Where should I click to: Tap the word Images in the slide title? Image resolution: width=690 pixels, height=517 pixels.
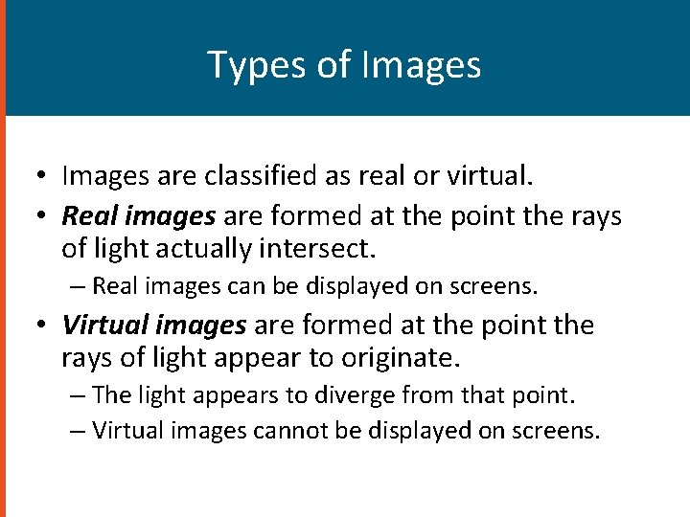click(x=422, y=65)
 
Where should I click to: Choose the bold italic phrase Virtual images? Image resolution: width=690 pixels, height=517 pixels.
click(x=153, y=326)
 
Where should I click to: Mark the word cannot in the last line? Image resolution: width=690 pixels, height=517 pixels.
click(x=287, y=431)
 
